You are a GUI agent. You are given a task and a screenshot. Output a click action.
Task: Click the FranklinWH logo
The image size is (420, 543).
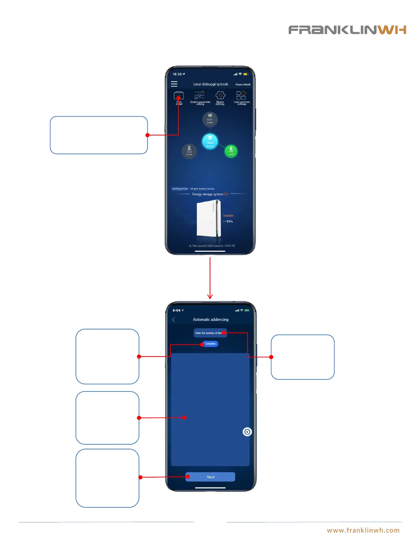[x=347, y=30]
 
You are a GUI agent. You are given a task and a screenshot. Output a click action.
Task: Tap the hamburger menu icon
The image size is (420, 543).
[x=174, y=84]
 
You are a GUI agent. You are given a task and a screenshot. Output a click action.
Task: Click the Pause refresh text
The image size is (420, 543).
[x=243, y=84]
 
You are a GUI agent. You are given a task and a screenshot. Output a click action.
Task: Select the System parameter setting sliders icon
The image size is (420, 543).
[x=200, y=95]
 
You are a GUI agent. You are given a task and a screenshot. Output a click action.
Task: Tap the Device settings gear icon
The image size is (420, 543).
[x=220, y=95]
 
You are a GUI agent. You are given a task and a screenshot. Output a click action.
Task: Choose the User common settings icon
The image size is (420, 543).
[x=241, y=95]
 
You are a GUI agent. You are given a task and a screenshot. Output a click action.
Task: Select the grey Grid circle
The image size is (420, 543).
[x=189, y=151]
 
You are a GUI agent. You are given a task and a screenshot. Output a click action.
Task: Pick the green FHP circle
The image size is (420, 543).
[x=231, y=151]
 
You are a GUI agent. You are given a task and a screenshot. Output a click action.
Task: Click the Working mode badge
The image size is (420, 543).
[x=180, y=189]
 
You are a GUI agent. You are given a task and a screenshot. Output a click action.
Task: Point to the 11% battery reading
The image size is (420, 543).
[x=230, y=221]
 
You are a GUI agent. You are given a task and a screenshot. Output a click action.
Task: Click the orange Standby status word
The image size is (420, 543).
[x=228, y=216]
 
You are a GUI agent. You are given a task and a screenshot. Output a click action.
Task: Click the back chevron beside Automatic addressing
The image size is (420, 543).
[x=174, y=319]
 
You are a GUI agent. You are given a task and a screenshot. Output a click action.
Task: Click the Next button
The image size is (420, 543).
[x=210, y=477]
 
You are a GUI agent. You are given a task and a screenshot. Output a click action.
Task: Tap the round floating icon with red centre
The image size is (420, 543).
[x=247, y=432]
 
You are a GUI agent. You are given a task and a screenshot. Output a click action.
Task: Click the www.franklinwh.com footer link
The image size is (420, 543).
[x=363, y=530]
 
